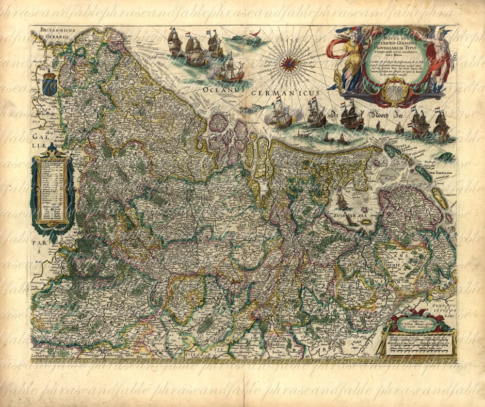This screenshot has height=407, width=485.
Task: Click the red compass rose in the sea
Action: click(289, 64)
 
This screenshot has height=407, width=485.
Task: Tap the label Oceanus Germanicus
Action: click(268, 92)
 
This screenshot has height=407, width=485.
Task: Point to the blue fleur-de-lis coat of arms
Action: click(49, 83)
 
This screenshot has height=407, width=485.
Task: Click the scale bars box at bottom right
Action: click(417, 343)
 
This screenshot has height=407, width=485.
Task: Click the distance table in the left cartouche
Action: click(52, 190)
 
